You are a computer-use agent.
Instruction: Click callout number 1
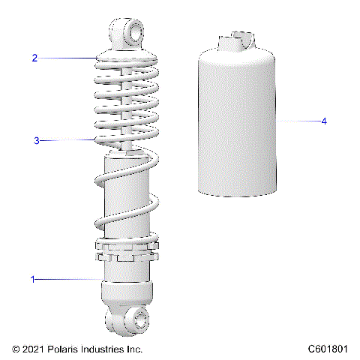tap(33, 279)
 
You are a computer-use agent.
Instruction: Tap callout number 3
tap(35, 140)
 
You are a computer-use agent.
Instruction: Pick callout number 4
tap(323, 121)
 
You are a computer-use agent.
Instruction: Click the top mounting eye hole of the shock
tap(139, 30)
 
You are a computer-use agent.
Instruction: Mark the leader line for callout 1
tap(67, 279)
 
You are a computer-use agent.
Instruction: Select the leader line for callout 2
tap(67, 58)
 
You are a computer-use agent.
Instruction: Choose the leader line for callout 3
tap(67, 140)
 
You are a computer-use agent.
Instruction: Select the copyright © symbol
tap(16, 349)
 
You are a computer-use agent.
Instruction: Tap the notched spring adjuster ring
tap(125, 250)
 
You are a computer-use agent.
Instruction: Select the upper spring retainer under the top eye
tap(125, 57)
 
